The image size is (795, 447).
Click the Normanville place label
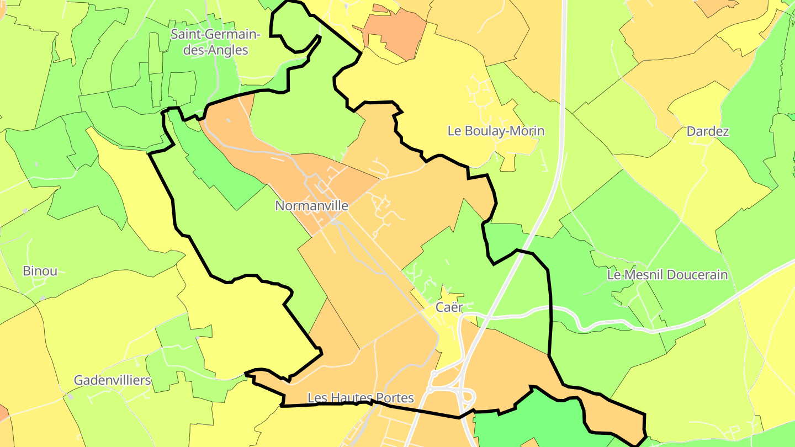coord(311,206)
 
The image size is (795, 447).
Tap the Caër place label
coord(448,307)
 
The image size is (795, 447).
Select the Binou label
coord(40,271)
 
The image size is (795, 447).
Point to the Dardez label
coord(708,131)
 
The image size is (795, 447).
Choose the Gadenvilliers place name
coord(112,380)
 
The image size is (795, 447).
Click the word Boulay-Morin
coord(504,131)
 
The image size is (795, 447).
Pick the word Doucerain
coord(697,274)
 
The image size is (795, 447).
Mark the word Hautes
coord(351,397)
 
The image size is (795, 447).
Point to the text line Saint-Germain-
coord(215,34)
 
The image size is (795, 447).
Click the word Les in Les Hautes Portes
coord(317,397)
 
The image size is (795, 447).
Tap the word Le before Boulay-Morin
coord(454,131)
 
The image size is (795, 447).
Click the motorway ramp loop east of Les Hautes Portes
coord(467,397)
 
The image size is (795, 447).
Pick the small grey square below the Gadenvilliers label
coord(70,396)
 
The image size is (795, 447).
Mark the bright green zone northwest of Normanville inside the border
coord(221,166)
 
